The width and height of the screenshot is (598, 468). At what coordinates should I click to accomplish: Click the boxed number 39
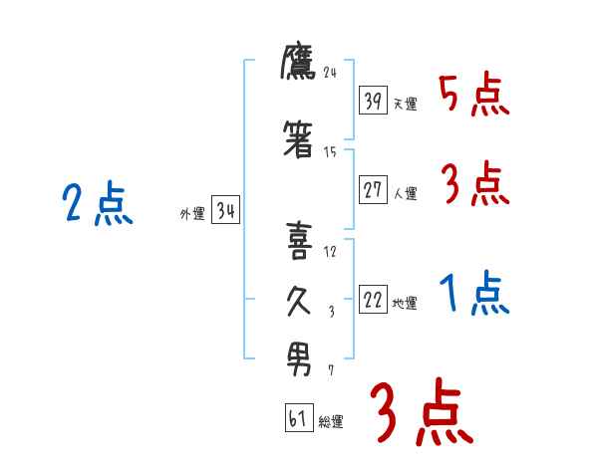[x=373, y=102]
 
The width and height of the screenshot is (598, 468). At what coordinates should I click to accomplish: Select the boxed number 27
[x=373, y=191]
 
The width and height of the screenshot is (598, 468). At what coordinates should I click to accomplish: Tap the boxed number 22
[x=373, y=301]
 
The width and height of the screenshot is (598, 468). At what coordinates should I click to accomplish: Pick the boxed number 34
[x=225, y=210]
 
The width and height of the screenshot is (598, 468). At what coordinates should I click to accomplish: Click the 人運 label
[x=405, y=193]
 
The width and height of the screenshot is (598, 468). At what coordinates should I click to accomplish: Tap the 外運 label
[x=191, y=213]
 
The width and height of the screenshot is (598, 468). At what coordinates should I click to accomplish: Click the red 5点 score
[x=472, y=96]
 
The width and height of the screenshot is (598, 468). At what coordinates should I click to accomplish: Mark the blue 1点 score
[x=472, y=295]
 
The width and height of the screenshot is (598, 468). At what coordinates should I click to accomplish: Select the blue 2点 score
[x=97, y=206]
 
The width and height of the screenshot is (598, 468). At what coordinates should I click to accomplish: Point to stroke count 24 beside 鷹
[x=332, y=72]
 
